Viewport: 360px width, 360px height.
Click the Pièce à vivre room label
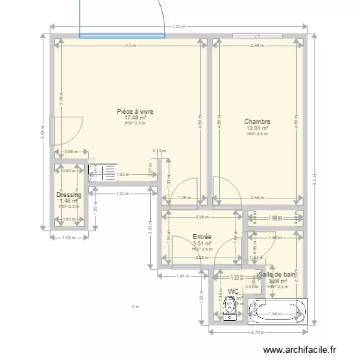[x=135, y=111]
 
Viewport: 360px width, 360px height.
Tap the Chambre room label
[x=257, y=122]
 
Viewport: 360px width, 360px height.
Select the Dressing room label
[x=69, y=195]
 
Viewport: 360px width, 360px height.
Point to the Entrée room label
[x=202, y=237]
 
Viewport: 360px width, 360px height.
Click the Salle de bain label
[x=276, y=275]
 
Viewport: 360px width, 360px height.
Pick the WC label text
[x=233, y=291]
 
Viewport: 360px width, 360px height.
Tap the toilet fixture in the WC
[x=230, y=310]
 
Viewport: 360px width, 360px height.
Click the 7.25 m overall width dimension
[x=179, y=27]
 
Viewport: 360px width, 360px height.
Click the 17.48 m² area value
[x=135, y=118]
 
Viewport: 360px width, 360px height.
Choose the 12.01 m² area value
[x=257, y=128]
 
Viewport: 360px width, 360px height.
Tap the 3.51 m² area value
[x=202, y=243]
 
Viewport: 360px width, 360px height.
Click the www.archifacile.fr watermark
[x=301, y=351]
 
